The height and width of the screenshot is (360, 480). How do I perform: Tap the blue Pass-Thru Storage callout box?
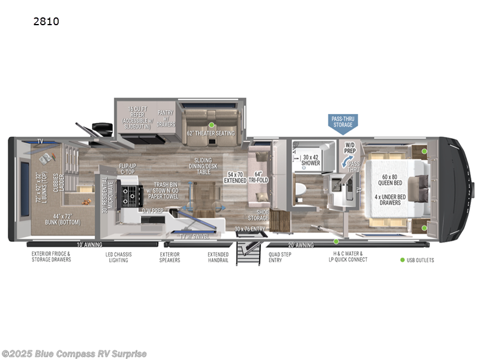(x=343, y=122)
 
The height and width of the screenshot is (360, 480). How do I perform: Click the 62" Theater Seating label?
(x=211, y=133)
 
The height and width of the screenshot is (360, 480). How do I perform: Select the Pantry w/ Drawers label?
(x=166, y=116)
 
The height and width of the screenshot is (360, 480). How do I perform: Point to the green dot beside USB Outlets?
(x=402, y=260)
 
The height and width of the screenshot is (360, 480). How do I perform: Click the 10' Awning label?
(x=89, y=245)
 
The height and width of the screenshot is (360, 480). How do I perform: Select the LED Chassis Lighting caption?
(x=119, y=257)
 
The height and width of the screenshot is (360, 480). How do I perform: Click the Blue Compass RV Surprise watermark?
(x=74, y=353)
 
